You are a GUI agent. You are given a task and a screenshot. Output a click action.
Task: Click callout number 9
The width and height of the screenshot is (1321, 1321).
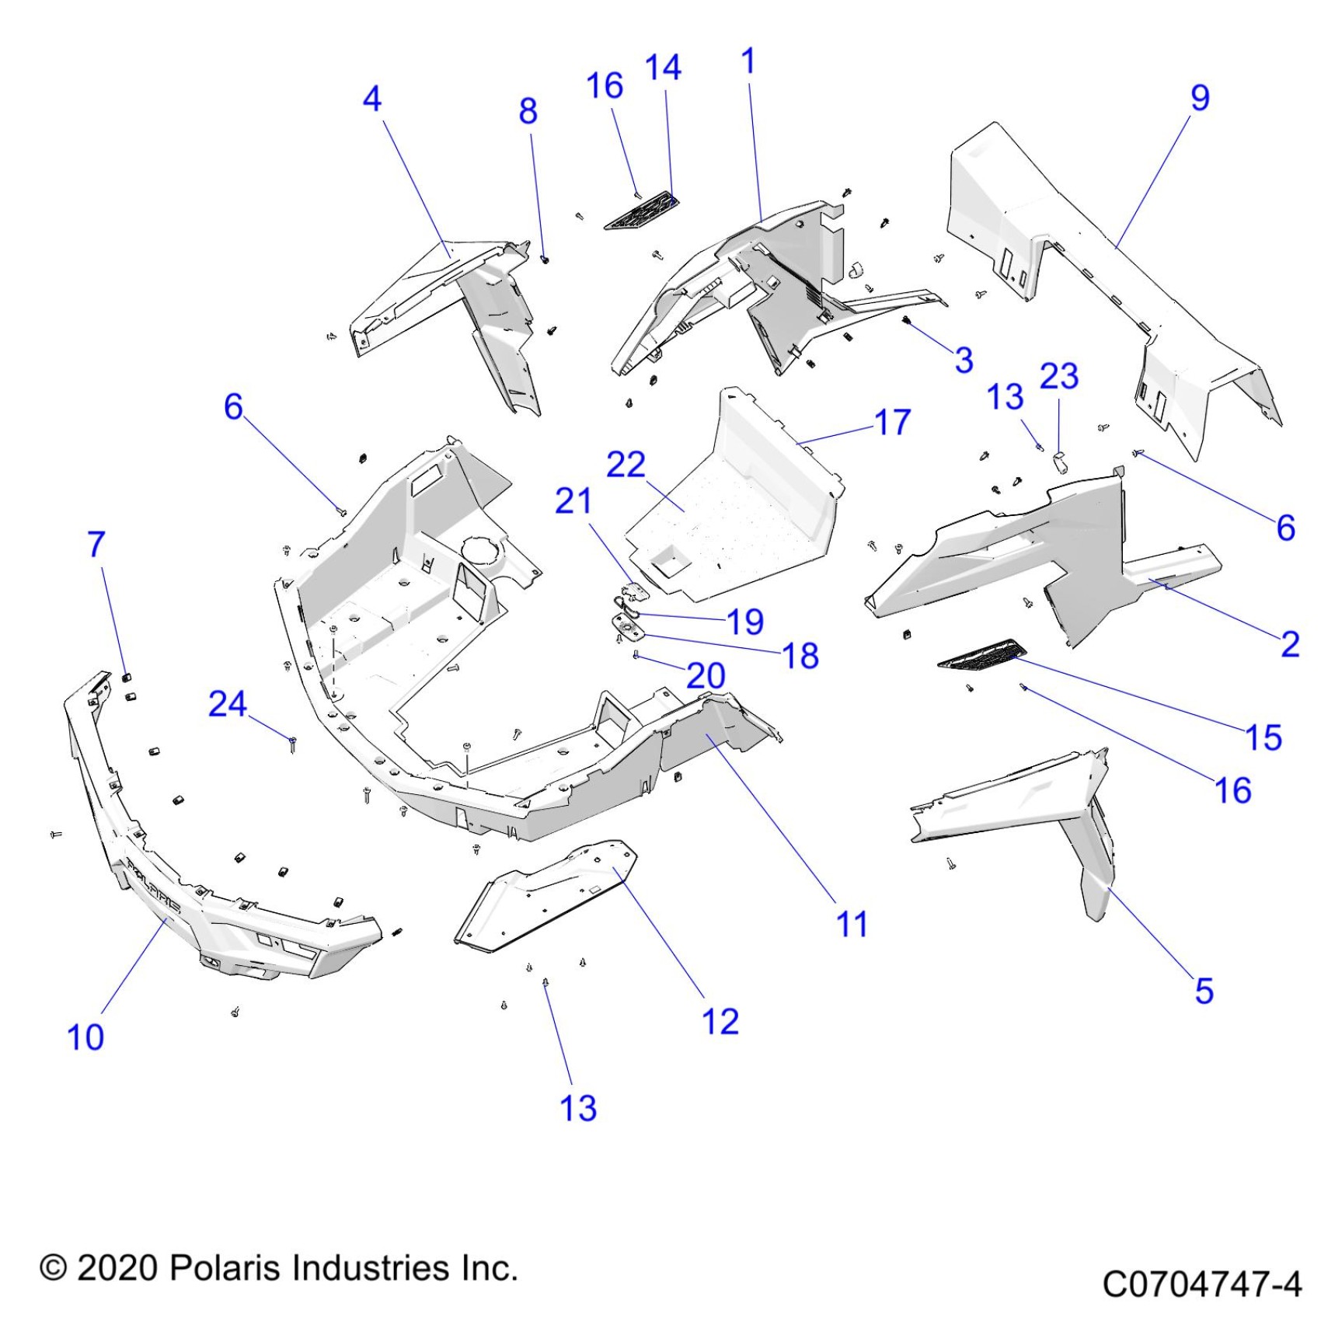coord(1200,98)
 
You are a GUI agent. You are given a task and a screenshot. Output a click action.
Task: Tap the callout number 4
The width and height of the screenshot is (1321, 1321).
coord(372,99)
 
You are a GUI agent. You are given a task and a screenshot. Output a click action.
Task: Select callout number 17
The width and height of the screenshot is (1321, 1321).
coord(892,423)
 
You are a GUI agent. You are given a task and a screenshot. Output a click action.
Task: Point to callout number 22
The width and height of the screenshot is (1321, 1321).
coord(626,465)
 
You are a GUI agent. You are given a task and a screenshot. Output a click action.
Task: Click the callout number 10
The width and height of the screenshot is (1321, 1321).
coord(85,1037)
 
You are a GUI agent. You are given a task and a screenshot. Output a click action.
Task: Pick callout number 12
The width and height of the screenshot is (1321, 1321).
coord(720,1022)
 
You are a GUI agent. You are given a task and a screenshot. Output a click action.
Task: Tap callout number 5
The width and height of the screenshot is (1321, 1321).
coord(1204,991)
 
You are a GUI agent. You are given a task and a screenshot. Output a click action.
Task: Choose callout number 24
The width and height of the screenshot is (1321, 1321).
coord(228,704)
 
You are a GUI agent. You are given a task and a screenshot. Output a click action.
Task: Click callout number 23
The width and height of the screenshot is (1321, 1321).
coord(1059,377)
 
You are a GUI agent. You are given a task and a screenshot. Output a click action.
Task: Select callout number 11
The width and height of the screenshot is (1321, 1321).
coord(852,924)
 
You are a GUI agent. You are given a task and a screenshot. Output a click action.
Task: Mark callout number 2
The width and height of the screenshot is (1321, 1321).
coord(1290,644)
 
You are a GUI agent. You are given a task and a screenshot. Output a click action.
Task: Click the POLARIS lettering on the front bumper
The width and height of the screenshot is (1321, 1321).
coord(153,885)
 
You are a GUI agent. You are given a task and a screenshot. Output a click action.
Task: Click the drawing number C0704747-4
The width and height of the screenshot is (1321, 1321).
coord(1201,1284)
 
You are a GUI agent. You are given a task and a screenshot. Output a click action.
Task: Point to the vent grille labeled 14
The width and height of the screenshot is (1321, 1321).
coord(642,211)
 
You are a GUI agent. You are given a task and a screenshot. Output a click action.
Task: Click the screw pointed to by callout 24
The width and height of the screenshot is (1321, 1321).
coord(292,744)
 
